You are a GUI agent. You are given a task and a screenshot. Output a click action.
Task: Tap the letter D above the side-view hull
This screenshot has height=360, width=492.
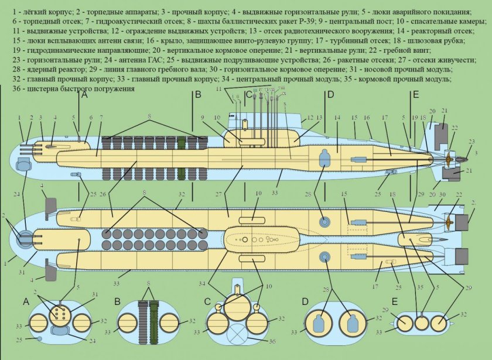(x=330, y=94)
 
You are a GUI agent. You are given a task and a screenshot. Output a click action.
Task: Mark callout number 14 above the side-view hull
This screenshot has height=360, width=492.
(x=337, y=118)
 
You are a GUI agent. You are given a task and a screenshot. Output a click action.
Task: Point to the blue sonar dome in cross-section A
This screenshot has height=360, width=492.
(x=60, y=331)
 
